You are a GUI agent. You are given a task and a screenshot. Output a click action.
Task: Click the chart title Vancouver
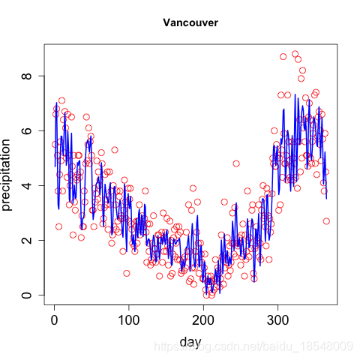pyautogui.click(x=190, y=22)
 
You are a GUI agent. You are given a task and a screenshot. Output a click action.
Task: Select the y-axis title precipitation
pyautogui.click(x=6, y=175)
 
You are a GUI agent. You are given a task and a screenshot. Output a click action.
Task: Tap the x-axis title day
pyautogui.click(x=190, y=342)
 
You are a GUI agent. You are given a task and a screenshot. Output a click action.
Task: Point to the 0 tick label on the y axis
pyautogui.click(x=26, y=295)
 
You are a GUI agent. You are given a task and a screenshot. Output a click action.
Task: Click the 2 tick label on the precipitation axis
pyautogui.click(x=26, y=240)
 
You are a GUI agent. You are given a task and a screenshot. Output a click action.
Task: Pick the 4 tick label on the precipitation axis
pyautogui.click(x=26, y=185)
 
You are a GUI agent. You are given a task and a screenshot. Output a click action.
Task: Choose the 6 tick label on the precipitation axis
pyautogui.click(x=26, y=130)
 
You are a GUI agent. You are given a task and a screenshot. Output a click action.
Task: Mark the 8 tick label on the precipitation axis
pyautogui.click(x=26, y=76)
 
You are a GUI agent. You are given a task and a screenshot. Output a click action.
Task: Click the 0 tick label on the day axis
pyautogui.click(x=54, y=320)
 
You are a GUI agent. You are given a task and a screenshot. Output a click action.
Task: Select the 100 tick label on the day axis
pyautogui.click(x=129, y=320)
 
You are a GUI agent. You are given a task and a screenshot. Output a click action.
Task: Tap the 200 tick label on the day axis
pyautogui.click(x=203, y=320)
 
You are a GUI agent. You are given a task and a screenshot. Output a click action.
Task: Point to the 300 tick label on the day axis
pyautogui.click(x=277, y=320)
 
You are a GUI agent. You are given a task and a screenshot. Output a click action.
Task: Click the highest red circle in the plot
pyautogui.click(x=295, y=54)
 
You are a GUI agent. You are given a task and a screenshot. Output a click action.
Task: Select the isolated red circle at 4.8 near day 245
pyautogui.click(x=236, y=163)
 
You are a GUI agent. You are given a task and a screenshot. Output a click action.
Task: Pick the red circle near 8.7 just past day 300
pyautogui.click(x=283, y=57)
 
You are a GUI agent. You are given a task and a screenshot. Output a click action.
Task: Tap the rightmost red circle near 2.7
pyautogui.click(x=326, y=221)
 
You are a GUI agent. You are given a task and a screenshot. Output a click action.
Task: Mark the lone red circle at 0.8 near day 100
pyautogui.click(x=127, y=273)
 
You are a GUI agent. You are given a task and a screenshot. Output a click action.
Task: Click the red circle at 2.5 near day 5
pyautogui.click(x=58, y=226)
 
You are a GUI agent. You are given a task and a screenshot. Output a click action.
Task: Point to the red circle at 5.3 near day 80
pyautogui.click(x=115, y=150)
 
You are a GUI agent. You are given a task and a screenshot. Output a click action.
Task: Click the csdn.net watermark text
pyautogui.click(x=253, y=346)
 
